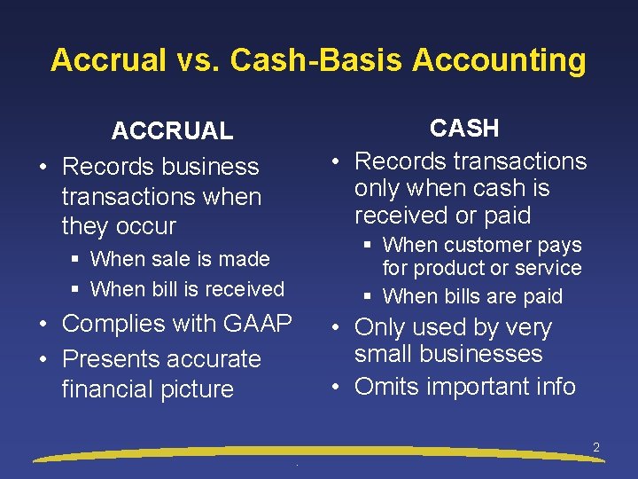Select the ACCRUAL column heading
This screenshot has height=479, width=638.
click(x=172, y=131)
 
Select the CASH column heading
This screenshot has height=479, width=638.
click(x=464, y=129)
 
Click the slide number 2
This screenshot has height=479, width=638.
click(x=596, y=448)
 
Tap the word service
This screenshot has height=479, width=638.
click(x=550, y=268)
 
